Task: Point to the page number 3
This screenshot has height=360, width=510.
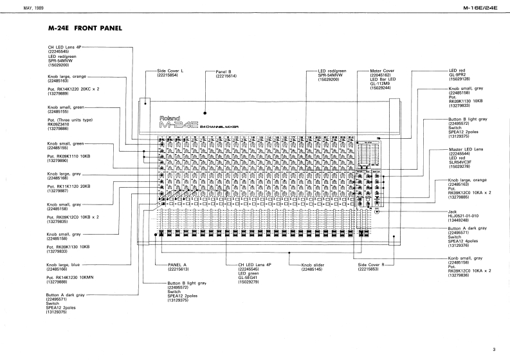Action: coord(493,349)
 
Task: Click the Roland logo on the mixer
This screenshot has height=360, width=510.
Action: coord(170,118)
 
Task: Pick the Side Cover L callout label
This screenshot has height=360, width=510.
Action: coord(172,71)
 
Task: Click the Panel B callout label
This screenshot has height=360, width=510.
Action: coord(226,71)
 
